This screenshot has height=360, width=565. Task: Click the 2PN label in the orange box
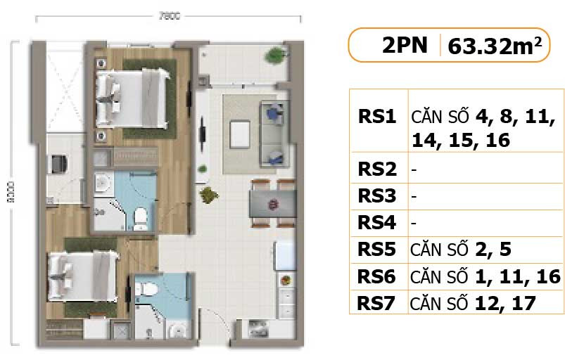(x=404, y=46)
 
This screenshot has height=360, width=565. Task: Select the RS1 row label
(x=378, y=116)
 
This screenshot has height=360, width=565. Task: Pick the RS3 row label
(x=378, y=196)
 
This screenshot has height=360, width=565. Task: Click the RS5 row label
(x=378, y=250)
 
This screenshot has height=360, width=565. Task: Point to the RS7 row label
(x=378, y=303)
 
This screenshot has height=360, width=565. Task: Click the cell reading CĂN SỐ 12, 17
(x=474, y=303)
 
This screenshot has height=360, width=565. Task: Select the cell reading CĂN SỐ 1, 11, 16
(x=486, y=276)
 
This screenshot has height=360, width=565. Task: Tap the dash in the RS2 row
(x=414, y=169)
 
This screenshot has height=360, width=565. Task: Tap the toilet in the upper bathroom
(x=141, y=218)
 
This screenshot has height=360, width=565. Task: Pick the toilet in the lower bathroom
(x=148, y=290)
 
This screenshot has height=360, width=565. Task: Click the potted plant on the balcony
(x=271, y=56)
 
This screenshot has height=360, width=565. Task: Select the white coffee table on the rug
(x=240, y=133)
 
